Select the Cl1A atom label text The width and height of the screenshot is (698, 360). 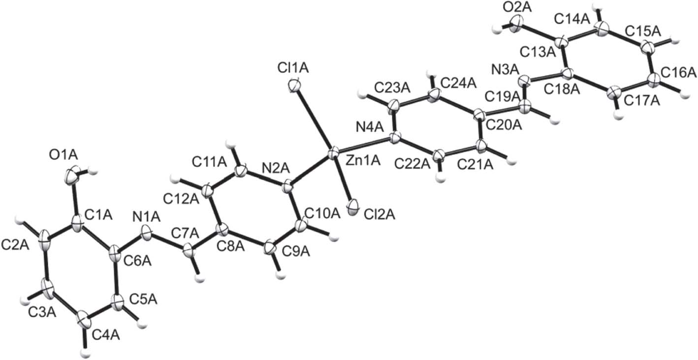292,69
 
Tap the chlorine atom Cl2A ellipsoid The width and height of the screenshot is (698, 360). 353,207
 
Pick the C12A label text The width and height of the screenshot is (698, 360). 181,199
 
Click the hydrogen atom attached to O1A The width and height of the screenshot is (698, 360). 93,171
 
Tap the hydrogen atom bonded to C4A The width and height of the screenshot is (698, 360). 84,353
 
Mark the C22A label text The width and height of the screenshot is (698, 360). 412,164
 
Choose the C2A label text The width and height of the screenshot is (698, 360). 15,245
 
